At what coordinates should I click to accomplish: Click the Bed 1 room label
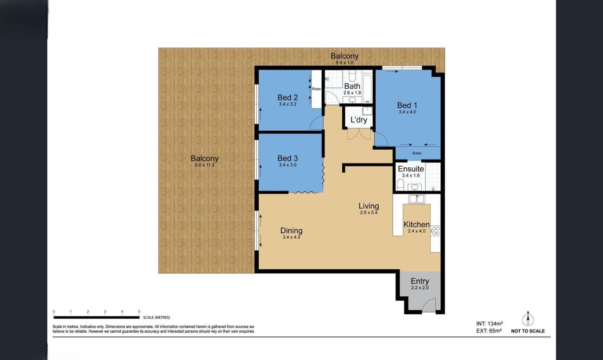pos(407,105)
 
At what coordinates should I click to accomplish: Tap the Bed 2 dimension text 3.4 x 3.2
pos(287,104)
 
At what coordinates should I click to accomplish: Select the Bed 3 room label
pos(287,158)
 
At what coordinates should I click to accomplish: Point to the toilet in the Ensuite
pos(400,185)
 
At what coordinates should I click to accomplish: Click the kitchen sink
pos(416,199)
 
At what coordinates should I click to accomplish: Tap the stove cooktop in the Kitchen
pos(436,231)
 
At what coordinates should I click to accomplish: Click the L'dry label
pos(359,119)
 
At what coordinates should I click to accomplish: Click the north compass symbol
pos(528,319)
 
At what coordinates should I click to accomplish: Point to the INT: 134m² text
pos(490,324)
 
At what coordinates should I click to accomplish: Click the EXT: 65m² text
pos(489,331)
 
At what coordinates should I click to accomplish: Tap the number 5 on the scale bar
pos(139,311)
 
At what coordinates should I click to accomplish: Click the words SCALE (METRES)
pos(156,317)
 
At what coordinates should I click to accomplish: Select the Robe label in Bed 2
pos(316,89)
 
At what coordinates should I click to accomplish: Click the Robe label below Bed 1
pos(417,153)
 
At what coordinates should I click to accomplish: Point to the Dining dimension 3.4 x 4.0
pos(291,237)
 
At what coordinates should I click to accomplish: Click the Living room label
pos(368,206)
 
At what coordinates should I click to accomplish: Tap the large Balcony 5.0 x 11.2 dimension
pos(204,165)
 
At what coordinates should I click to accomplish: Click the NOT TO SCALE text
pos(528,331)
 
